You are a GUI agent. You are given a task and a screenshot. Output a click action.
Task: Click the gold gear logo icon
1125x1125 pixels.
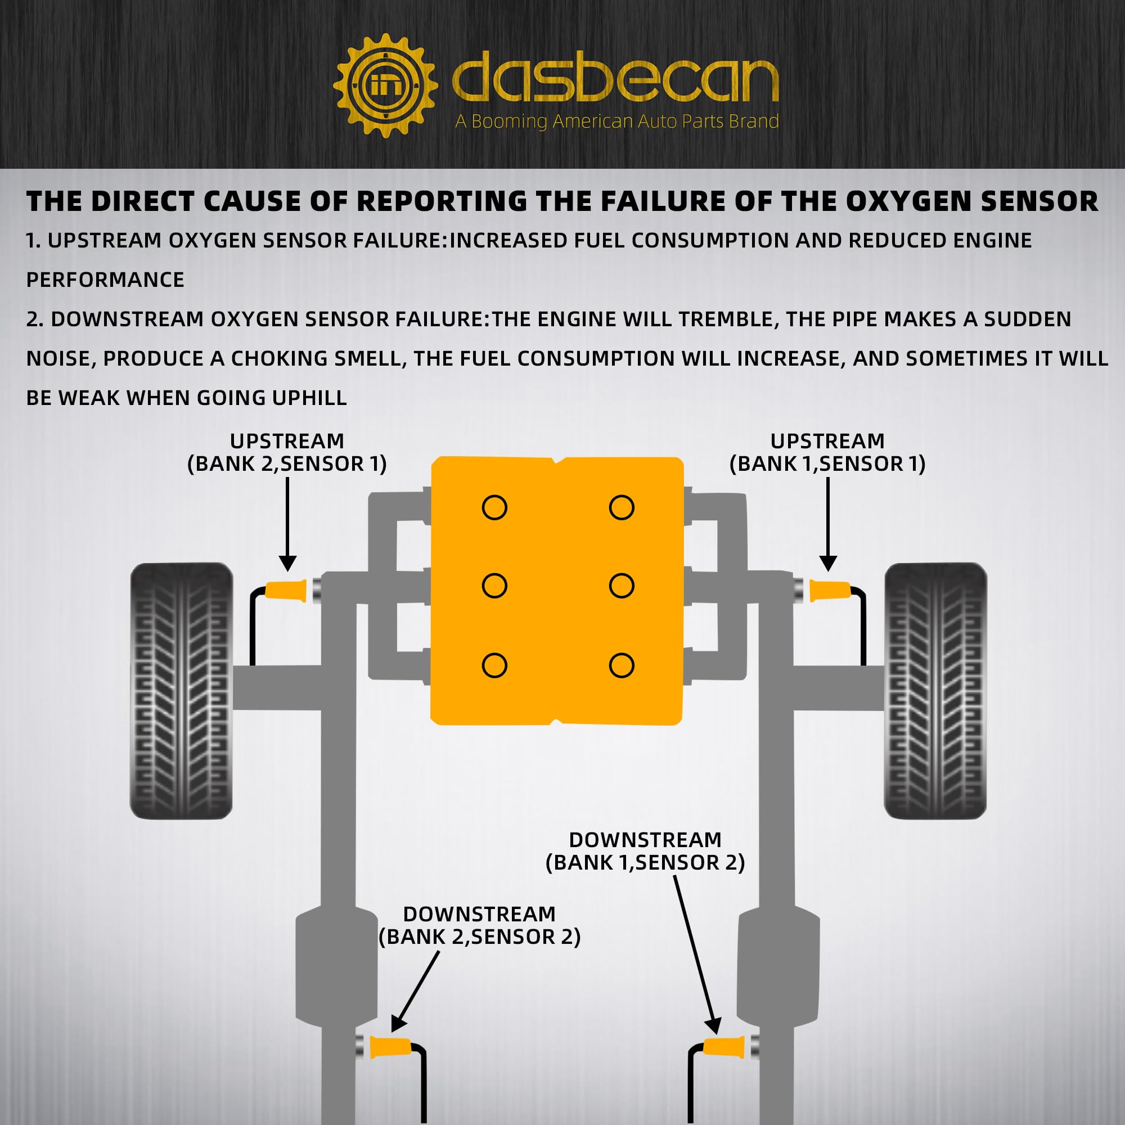[x=385, y=86]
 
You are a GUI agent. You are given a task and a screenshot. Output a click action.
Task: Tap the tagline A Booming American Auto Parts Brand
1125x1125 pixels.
[x=616, y=121]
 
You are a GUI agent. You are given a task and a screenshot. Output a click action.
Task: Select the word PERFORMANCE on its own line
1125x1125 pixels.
[x=105, y=280]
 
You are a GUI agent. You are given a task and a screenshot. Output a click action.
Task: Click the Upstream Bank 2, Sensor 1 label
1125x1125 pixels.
[x=287, y=452]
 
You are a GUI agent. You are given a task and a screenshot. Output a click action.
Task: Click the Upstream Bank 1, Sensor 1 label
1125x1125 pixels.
[x=827, y=452]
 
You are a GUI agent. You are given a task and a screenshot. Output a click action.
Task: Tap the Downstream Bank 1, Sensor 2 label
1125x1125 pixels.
[x=645, y=850]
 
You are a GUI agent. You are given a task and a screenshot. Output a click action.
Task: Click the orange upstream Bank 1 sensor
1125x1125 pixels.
[x=829, y=591]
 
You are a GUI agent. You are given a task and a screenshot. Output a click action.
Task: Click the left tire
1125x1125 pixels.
[x=182, y=691]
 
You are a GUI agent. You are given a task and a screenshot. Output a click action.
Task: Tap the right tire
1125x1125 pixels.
[x=935, y=691]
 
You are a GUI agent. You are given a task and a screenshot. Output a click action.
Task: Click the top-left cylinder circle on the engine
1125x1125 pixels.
[x=494, y=507]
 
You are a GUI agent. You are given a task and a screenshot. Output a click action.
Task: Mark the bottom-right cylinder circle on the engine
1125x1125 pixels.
[x=622, y=665]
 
